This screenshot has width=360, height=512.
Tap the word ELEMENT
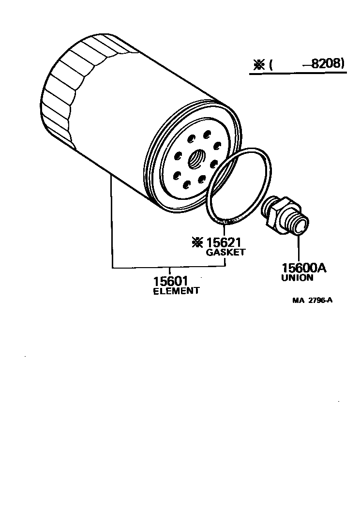[x=176, y=291]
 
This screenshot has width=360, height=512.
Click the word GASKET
[x=225, y=252]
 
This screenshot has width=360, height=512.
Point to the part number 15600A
[x=304, y=268]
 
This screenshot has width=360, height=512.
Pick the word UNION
[x=297, y=278]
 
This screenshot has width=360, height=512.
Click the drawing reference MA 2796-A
[x=312, y=300]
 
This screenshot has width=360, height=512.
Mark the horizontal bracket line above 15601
[x=169, y=267]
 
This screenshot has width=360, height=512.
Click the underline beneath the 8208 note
[x=298, y=74]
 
